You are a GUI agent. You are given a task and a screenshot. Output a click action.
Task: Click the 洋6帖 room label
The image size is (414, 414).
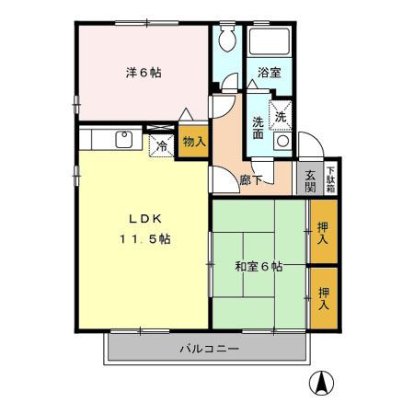[x=144, y=73]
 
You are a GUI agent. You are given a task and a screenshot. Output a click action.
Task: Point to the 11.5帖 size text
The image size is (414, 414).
[x=144, y=238]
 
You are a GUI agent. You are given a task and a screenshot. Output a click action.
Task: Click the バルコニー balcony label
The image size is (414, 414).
[x=209, y=350]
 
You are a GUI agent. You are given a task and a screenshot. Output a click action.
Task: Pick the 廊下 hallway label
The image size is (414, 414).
[x=252, y=179]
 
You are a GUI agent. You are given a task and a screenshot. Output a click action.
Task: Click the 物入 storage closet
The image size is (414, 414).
[x=192, y=142]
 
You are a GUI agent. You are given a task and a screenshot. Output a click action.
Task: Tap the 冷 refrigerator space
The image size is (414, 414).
[x=162, y=144]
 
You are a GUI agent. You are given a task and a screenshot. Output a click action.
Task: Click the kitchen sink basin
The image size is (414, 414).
[x=121, y=140]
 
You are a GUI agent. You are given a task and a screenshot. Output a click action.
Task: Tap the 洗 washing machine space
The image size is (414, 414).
[x=281, y=115]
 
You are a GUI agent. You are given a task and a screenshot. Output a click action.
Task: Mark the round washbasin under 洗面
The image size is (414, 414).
[x=282, y=143]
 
